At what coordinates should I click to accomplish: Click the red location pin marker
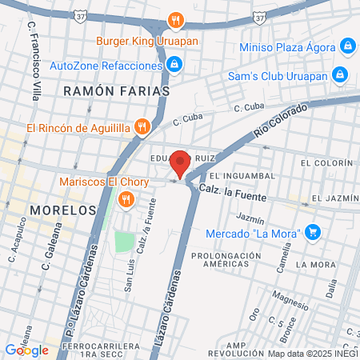pos(180,162)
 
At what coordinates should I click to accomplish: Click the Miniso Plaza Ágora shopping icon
pos(346,46)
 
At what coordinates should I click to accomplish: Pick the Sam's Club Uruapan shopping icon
pos(339,74)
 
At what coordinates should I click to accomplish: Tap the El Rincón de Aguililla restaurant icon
pos(142,126)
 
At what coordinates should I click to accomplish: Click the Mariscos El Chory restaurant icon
pos(124,198)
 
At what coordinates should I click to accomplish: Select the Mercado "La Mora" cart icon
pos(314,233)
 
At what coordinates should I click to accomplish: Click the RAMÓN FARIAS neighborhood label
pos(117,92)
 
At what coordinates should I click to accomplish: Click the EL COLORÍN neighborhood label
pos(326,162)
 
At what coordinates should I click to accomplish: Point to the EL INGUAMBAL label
pos(242,175)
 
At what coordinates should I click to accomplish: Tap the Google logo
pos(26,350)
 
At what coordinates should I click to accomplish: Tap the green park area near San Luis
pos(122,242)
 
